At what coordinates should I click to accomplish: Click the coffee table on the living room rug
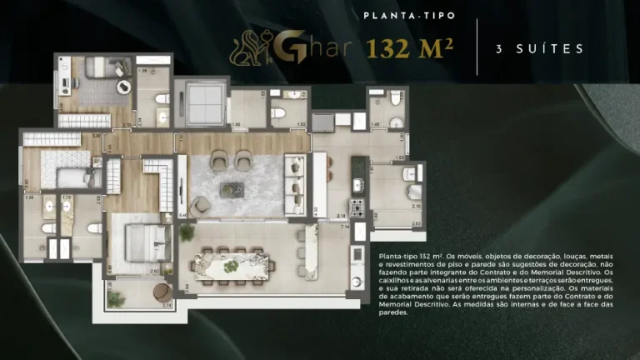point(233,189)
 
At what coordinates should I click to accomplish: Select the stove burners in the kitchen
point(357,206)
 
